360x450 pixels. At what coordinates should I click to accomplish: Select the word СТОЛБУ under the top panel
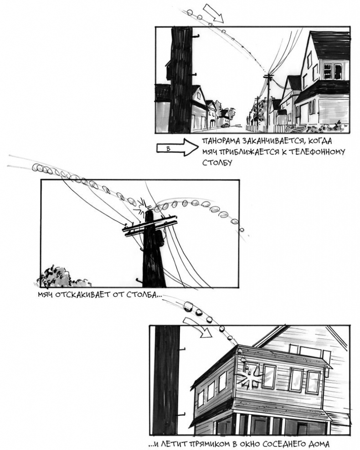[x=217, y=163]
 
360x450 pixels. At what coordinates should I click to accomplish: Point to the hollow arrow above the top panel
[x=213, y=13]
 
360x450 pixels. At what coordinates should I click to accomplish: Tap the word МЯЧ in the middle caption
[x=45, y=295]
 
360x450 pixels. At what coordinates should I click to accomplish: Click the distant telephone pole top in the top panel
[x=269, y=77]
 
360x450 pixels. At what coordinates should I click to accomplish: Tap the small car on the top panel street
[x=226, y=125]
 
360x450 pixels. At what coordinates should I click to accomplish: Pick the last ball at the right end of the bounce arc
[x=242, y=230]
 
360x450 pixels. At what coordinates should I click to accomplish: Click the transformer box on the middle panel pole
[x=159, y=238]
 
